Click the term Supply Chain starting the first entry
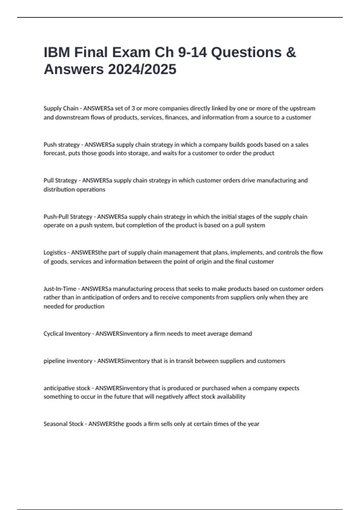[61, 108]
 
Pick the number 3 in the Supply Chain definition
[133, 108]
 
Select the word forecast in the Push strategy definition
[55, 153]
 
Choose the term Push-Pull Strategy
[68, 217]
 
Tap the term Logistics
[55, 253]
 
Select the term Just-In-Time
[60, 289]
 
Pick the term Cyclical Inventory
[67, 334]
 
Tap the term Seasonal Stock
[63, 424]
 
